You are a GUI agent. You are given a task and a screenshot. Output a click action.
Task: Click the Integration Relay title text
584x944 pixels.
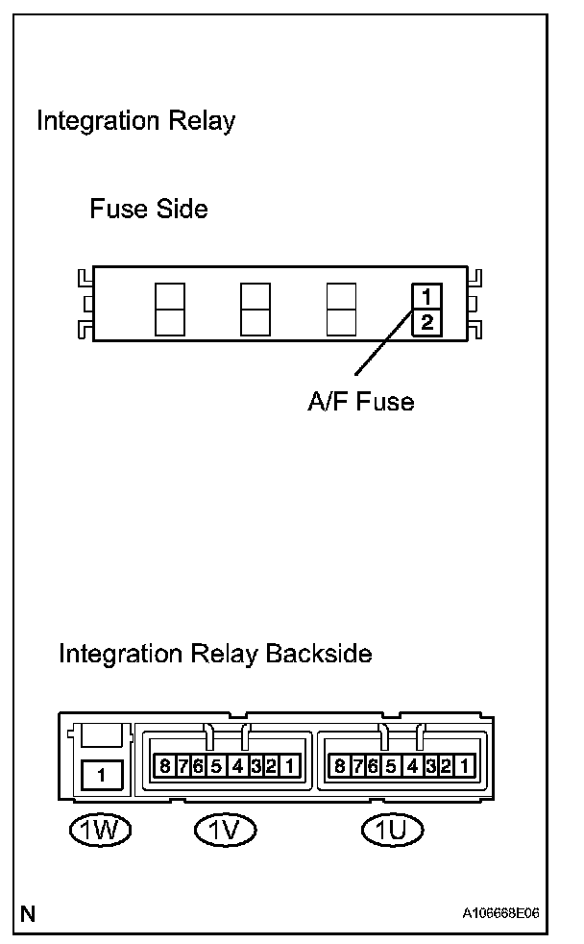135,122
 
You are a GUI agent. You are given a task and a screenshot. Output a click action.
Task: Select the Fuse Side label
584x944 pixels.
149,209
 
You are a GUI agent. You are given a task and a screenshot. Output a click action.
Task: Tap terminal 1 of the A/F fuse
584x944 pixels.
426,296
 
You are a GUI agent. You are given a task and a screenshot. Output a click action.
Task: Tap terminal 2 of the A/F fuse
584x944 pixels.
426,322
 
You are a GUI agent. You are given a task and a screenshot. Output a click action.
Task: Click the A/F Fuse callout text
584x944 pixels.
360,402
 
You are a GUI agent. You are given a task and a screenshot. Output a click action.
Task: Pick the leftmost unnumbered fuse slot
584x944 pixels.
169,310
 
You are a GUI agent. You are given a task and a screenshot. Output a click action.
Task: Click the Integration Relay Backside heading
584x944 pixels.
215,655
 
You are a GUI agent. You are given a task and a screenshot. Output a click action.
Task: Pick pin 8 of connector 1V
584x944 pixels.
164,766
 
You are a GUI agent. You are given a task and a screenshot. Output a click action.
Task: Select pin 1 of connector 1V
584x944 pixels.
288,766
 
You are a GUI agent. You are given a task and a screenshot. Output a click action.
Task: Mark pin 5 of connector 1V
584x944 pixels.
216,766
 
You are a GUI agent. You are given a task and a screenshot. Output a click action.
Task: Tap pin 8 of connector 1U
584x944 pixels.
339,766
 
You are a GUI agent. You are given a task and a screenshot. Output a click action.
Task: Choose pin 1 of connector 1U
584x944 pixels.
464,766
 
